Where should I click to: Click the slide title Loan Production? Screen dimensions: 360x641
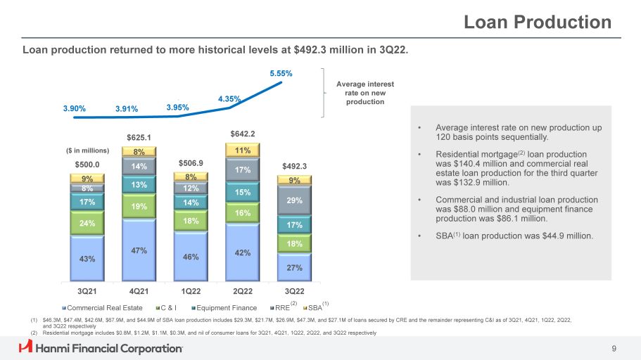(x=538, y=22)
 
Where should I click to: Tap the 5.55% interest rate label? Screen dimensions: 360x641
(x=281, y=72)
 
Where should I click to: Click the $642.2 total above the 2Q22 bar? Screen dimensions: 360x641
(x=243, y=134)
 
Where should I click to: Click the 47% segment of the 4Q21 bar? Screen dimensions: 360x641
(x=139, y=250)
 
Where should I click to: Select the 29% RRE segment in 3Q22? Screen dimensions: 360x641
(x=295, y=200)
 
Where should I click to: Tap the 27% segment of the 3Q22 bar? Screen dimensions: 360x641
(x=295, y=266)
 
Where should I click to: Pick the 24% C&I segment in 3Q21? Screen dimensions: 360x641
(x=87, y=224)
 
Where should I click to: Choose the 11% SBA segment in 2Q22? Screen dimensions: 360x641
(x=243, y=150)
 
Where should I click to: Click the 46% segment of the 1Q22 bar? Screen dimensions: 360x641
(x=191, y=257)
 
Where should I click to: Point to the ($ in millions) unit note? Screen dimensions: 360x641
(x=87, y=150)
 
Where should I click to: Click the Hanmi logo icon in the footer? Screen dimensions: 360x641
(x=26, y=347)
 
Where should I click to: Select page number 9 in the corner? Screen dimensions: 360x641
(x=614, y=347)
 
